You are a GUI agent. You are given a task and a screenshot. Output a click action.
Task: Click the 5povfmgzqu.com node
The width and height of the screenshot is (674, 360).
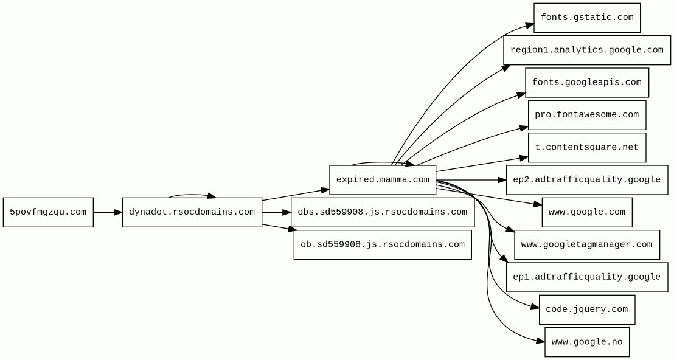(x=48, y=212)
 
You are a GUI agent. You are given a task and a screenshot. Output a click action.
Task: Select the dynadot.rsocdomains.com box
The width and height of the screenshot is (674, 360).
(x=192, y=212)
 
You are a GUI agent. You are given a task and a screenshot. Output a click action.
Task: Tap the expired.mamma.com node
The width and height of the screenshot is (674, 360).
(x=383, y=180)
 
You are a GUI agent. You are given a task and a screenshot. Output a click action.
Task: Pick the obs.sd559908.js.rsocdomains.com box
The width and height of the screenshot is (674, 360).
(x=383, y=212)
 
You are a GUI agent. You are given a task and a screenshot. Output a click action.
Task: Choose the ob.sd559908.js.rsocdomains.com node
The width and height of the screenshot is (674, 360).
(x=383, y=244)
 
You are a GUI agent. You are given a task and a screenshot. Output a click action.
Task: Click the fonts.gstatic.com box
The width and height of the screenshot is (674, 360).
(x=587, y=18)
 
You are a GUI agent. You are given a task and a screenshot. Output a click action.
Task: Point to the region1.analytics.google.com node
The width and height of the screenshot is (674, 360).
(x=587, y=50)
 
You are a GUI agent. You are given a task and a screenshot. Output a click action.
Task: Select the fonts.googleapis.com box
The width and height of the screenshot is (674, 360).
(x=587, y=83)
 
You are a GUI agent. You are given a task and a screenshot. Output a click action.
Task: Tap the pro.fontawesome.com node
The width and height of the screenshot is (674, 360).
(x=587, y=115)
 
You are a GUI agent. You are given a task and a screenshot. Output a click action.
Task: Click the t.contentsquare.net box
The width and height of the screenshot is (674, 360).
(x=587, y=147)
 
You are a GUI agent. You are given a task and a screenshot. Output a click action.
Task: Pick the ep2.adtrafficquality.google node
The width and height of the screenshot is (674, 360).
(x=587, y=180)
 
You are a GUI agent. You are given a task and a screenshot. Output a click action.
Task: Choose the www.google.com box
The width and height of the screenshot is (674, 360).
(x=587, y=212)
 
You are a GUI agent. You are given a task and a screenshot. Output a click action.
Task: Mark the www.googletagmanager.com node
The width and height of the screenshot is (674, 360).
(x=587, y=244)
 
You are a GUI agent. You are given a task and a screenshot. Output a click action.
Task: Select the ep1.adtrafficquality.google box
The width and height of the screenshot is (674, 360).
(x=587, y=277)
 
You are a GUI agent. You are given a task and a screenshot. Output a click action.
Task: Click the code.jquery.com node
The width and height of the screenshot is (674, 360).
(x=587, y=310)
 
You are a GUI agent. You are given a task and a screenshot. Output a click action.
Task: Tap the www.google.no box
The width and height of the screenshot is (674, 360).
(x=587, y=342)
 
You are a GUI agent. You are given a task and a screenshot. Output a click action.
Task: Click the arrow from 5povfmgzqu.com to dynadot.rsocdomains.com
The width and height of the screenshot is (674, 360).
(x=108, y=212)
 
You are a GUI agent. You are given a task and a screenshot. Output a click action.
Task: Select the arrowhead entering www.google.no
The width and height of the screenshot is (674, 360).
(x=540, y=341)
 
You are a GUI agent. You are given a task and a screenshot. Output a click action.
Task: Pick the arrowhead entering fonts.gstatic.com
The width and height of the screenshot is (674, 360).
(x=529, y=25)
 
